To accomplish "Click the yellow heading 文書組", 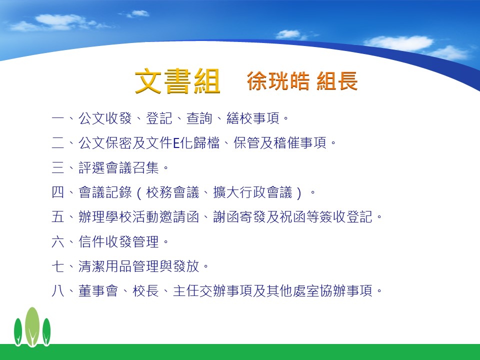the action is point(177,81).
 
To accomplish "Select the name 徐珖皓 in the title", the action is point(278,81).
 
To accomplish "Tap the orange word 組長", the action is point(337,81).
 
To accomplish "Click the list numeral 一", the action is point(58,118).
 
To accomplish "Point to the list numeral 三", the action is point(58,168).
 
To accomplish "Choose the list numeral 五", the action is point(58,217).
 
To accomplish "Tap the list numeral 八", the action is point(58,291).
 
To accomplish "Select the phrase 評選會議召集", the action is point(119,168).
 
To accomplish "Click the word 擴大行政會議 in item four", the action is point(253,192).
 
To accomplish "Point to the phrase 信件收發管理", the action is point(119,242).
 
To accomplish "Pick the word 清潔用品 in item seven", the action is point(105,266).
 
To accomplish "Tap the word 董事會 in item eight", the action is point(98,291).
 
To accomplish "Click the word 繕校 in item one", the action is point(239,118).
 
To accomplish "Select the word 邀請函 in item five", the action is point(179,217).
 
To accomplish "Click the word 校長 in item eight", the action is point(145,291).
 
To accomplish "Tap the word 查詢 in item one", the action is point(199,118).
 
